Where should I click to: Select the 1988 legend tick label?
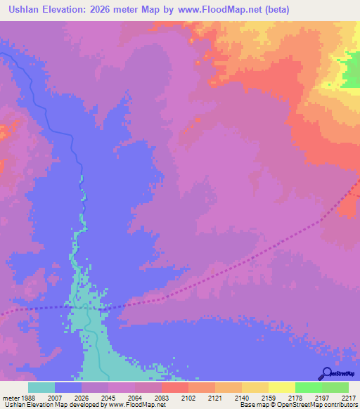click(27, 397)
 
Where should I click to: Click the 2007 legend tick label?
click(54, 397)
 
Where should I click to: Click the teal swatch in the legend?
click(41, 387)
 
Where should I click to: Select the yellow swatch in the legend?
click(281, 387)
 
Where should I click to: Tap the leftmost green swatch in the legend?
click(308, 387)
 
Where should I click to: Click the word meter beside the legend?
click(8, 397)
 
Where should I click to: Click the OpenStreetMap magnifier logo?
click(325, 374)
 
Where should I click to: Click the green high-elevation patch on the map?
click(348, 74)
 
